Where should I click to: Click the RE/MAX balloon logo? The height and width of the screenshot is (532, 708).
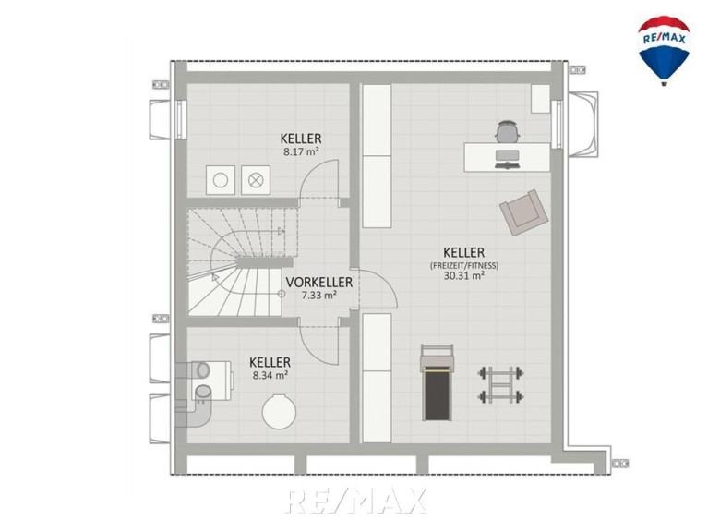click(x=664, y=50)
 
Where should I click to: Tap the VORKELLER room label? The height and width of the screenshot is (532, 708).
click(x=318, y=283)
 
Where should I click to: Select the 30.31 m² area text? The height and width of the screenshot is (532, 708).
click(x=463, y=275)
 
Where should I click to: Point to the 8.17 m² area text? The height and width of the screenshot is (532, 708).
click(x=301, y=151)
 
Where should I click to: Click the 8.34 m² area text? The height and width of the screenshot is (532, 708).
click(x=270, y=375)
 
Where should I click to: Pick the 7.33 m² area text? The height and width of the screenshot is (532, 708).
click(x=318, y=296)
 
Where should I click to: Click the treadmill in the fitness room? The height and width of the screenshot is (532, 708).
click(x=437, y=382)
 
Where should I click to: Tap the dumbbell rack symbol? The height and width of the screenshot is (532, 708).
click(x=500, y=385)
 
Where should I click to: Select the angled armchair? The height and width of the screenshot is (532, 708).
click(x=523, y=212)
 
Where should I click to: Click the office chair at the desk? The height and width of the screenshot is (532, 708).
click(x=508, y=131)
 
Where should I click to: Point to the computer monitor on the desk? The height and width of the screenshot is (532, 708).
click(x=507, y=156)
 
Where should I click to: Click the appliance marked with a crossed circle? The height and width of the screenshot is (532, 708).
click(x=256, y=180)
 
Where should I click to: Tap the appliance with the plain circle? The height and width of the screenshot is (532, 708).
click(x=221, y=180)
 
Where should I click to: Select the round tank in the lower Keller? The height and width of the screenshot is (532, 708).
click(x=280, y=412)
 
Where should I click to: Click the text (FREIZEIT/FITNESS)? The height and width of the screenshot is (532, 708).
click(x=463, y=265)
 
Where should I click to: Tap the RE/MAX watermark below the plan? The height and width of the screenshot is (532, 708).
click(x=356, y=501)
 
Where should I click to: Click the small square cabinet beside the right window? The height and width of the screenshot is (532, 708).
click(x=541, y=99)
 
